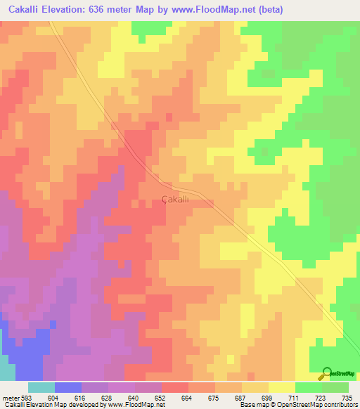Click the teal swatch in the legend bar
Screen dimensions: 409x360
click(x=41, y=387)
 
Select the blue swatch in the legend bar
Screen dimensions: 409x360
click(x=68, y=387)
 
